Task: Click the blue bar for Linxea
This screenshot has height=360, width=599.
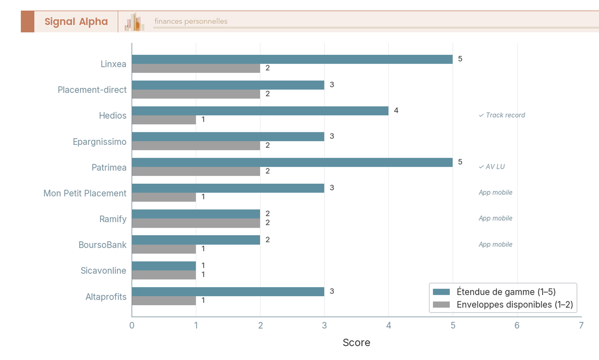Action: [292, 59]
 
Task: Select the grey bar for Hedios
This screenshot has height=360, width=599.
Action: [164, 120]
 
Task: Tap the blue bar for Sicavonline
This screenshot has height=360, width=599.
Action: [164, 266]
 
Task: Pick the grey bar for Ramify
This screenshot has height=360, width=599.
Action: [196, 223]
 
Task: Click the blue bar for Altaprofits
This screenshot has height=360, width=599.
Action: [228, 292]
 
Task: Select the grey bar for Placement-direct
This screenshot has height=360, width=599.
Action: [196, 94]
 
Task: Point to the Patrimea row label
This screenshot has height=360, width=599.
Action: [109, 167]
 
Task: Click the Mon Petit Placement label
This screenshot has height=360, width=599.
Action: [85, 193]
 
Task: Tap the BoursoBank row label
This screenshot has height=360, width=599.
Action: [102, 245]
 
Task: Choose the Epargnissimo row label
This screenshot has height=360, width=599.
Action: [99, 142]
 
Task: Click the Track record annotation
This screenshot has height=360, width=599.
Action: [502, 115]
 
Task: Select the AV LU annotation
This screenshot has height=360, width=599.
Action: [492, 167]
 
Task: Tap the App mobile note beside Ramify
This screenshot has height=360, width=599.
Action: [495, 219]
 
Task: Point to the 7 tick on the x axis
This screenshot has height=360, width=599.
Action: [581, 326]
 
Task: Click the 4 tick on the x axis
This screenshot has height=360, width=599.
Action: [388, 326]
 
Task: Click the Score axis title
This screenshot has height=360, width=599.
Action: [356, 343]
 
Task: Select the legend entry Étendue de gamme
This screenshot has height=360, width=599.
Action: [506, 292]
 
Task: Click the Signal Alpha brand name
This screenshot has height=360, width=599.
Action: [76, 21]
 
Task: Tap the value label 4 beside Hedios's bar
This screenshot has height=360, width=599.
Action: [396, 110]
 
